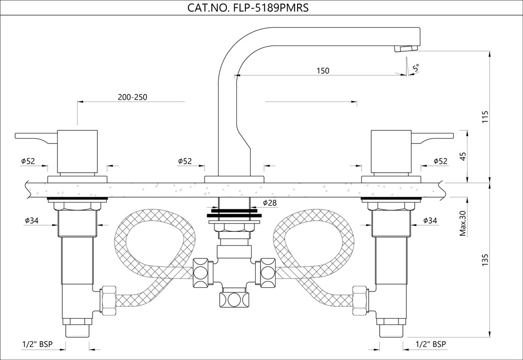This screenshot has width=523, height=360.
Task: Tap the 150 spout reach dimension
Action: pos(323,71)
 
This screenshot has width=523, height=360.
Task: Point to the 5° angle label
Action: pos(416,68)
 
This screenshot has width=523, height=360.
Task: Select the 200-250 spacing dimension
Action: pos(133,97)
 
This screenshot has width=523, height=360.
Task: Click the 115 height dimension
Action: pos(485,117)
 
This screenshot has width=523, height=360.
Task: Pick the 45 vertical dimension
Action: pos(462,156)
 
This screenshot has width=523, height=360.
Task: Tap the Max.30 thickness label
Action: pos(463,223)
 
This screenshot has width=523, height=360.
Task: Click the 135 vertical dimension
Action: pos(485,260)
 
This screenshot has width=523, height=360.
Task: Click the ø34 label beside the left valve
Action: pos(31,221)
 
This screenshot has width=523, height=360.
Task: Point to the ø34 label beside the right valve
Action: pos(430,221)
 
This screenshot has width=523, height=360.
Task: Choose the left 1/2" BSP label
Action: pos(36,344)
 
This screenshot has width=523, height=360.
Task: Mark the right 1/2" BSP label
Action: pos(430,344)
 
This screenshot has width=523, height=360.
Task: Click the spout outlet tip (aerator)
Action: pos(406,49)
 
